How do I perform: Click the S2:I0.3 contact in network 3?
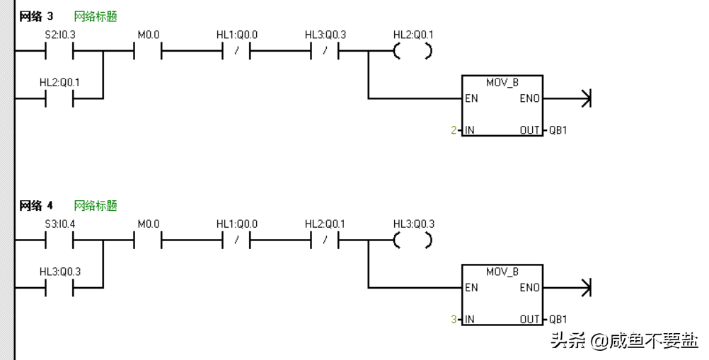tap(59, 51)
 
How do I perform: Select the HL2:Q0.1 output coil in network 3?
tap(413, 51)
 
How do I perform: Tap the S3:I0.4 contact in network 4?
tap(59, 240)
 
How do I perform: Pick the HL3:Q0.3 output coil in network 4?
tap(413, 240)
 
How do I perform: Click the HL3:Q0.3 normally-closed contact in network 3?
tap(325, 51)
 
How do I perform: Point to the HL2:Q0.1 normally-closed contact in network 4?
tap(325, 240)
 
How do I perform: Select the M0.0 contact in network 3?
tap(148, 51)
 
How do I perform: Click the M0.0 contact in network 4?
tap(148, 240)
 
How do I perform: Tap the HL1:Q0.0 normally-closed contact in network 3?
tap(236, 51)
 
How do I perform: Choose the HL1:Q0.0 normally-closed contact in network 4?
tap(236, 240)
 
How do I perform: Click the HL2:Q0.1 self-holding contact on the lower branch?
tap(59, 98)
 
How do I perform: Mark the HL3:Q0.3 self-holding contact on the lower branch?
tap(59, 288)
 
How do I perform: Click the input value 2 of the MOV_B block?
tap(454, 130)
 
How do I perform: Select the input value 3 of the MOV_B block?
tap(454, 320)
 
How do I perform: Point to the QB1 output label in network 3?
tap(558, 130)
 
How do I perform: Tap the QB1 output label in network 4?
tap(558, 320)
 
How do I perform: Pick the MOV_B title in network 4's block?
tap(502, 272)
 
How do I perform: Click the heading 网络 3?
tap(36, 16)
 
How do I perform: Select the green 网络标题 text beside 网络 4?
tap(96, 206)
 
